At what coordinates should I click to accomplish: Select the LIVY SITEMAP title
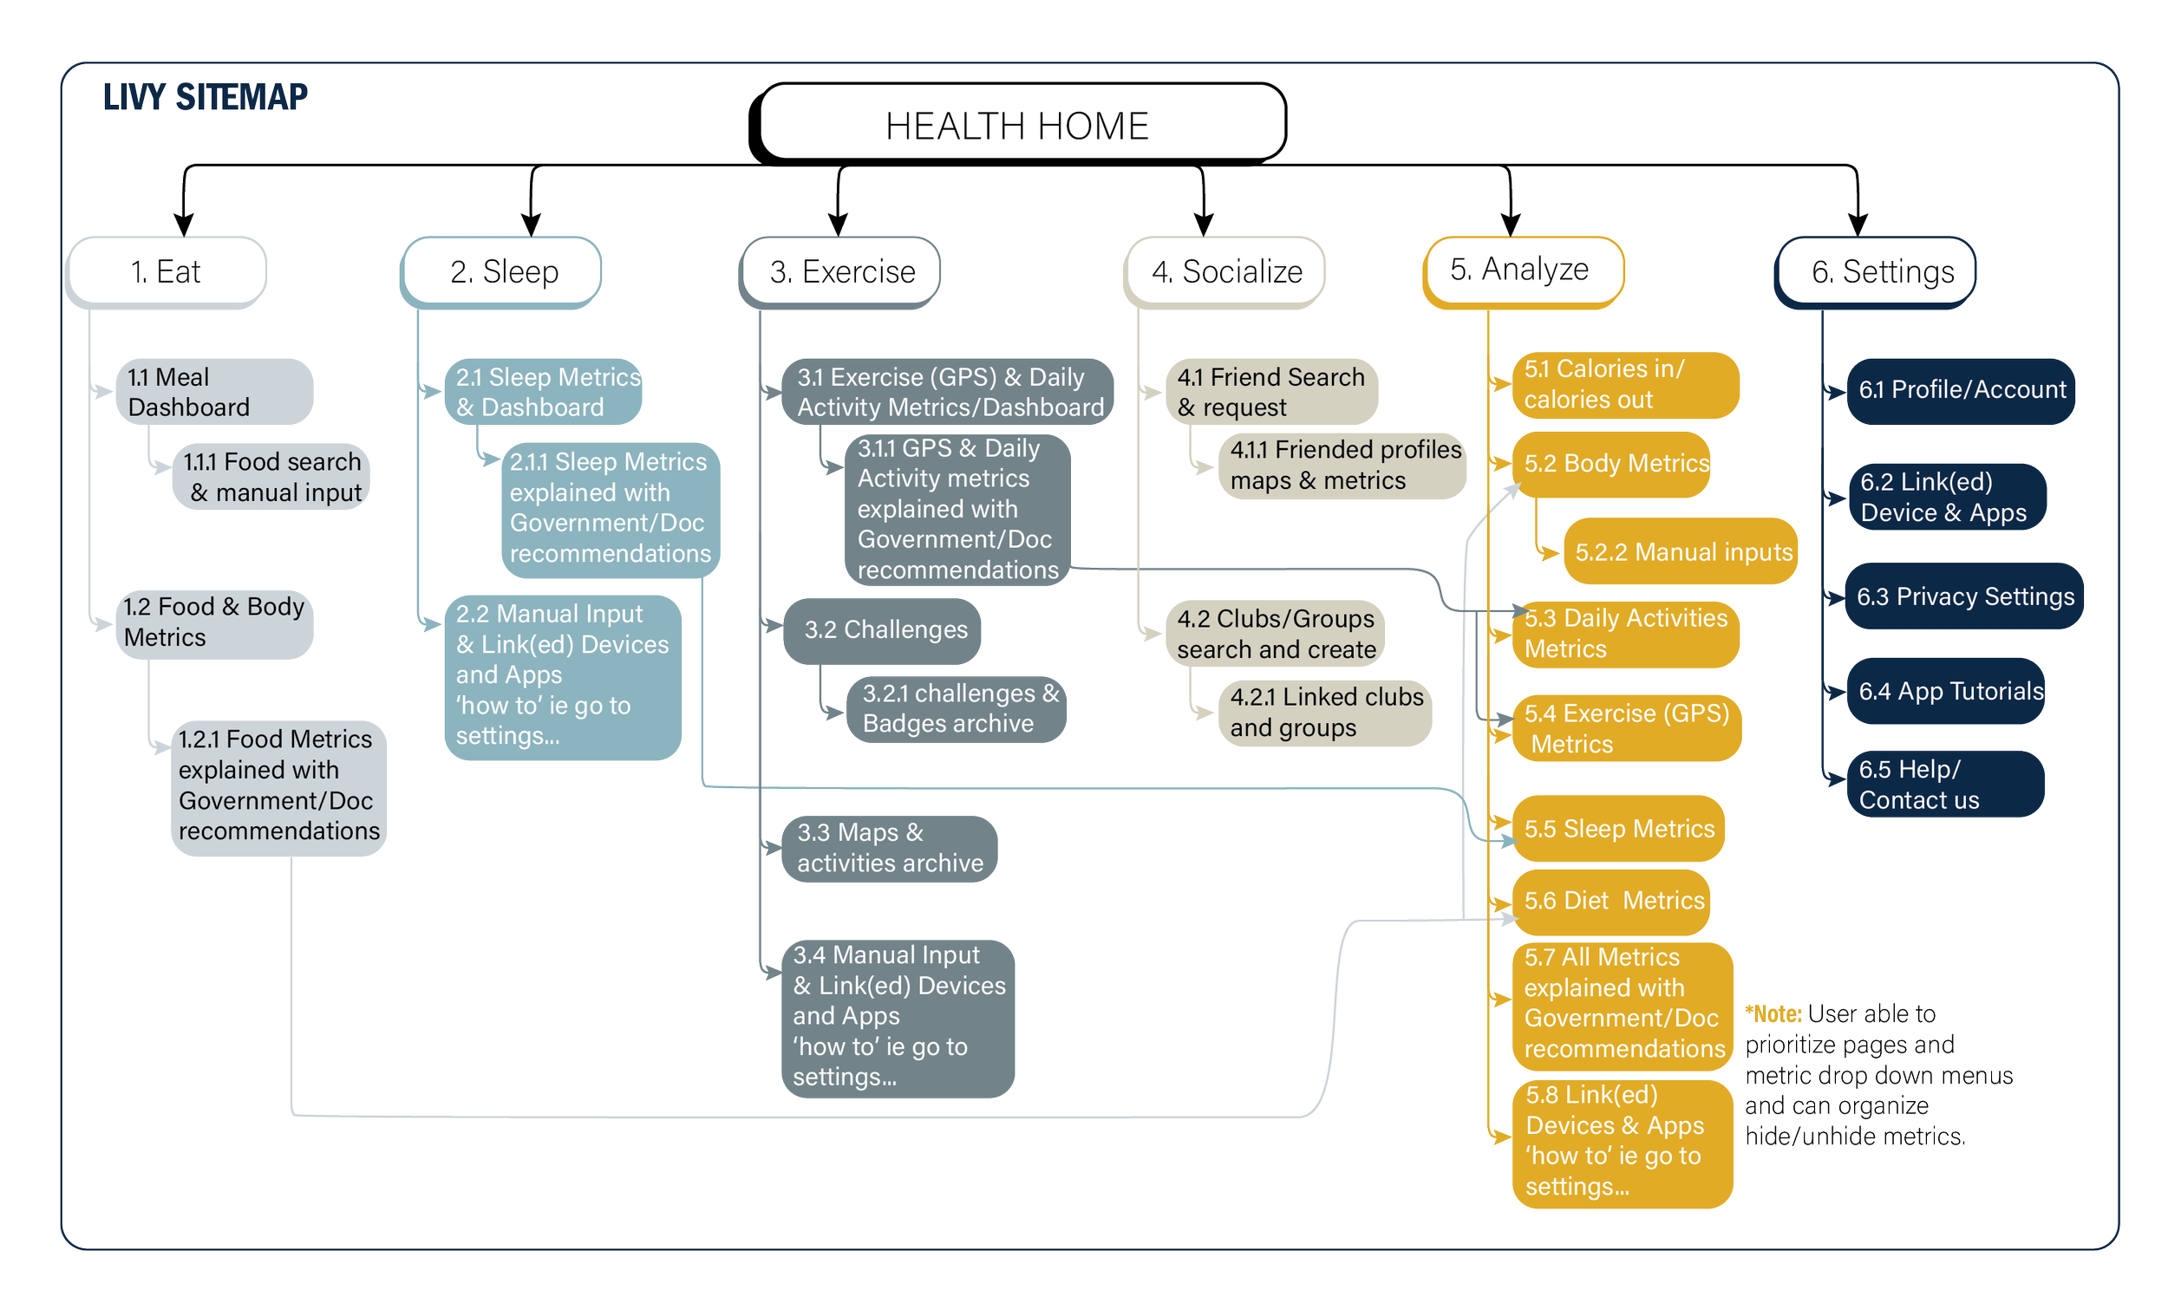205,97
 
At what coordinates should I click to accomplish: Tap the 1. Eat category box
167,271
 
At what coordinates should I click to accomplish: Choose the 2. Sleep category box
501,271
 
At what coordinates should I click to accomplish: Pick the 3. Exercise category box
841,271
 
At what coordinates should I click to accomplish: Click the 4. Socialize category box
1225,271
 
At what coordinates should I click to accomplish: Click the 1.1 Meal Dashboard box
213,392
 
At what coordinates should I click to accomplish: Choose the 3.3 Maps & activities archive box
889,848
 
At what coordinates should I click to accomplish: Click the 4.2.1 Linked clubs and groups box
1324,713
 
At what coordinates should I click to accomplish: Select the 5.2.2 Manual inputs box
1681,551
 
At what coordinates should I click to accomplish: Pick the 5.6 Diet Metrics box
1612,901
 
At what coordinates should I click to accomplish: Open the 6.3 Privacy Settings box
1964,596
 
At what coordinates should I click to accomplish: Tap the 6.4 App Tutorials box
1946,692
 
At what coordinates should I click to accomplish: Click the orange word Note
1774,1014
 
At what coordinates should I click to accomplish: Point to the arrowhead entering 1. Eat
183,224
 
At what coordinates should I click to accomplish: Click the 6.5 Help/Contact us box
1943,785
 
